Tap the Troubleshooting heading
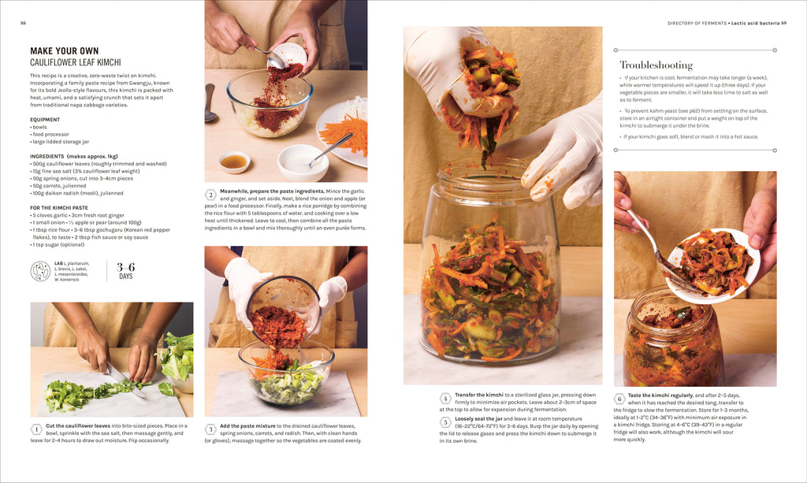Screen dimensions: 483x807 pyautogui.click(x=656, y=65)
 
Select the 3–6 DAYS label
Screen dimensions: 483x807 pyautogui.click(x=125, y=271)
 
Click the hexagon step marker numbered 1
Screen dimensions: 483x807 pyautogui.click(x=36, y=429)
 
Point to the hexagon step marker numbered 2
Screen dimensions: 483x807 pyautogui.click(x=210, y=195)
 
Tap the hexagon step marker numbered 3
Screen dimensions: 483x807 pyautogui.click(x=210, y=429)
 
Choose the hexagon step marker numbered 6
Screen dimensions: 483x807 pyautogui.click(x=619, y=398)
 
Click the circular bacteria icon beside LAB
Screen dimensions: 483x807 pyautogui.click(x=40, y=271)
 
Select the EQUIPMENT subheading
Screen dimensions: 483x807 pyautogui.click(x=45, y=120)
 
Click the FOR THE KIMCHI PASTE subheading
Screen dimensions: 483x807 pyautogui.click(x=58, y=207)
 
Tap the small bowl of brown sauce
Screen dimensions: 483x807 pyautogui.click(x=234, y=162)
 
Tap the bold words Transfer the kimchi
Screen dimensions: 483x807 pyautogui.click(x=479, y=395)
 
